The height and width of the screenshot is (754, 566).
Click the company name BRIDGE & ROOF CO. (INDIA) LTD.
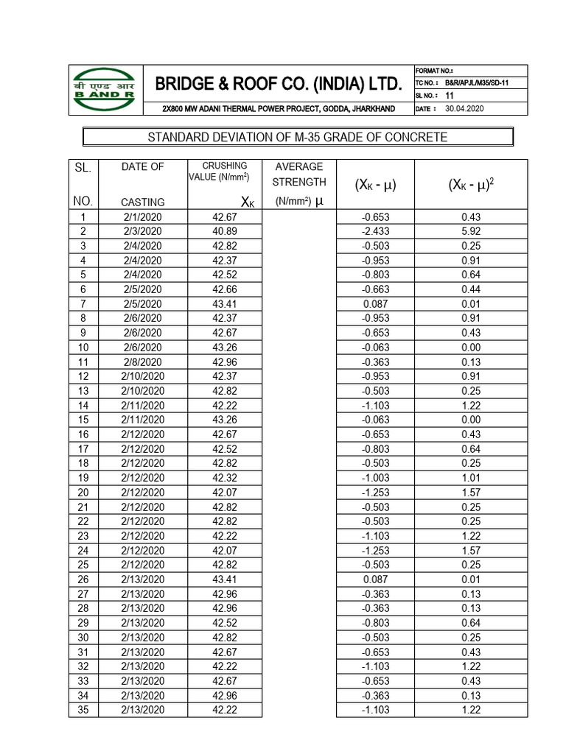[279, 84]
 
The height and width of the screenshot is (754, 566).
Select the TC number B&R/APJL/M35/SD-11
[476, 83]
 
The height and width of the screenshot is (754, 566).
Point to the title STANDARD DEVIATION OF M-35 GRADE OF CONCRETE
[297, 138]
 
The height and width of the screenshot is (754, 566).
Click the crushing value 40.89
[225, 231]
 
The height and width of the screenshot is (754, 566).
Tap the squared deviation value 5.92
[470, 231]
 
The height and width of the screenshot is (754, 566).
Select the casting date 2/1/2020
[143, 216]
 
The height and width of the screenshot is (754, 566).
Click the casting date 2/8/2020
[143, 362]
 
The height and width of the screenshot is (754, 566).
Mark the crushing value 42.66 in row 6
[225, 289]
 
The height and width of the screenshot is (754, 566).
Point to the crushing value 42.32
[225, 478]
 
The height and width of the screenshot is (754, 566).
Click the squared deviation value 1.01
[470, 478]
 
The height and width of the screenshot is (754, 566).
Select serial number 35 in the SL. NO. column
[83, 710]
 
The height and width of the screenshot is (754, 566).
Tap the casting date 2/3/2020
[143, 231]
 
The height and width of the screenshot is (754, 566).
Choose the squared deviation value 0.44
[470, 289]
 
